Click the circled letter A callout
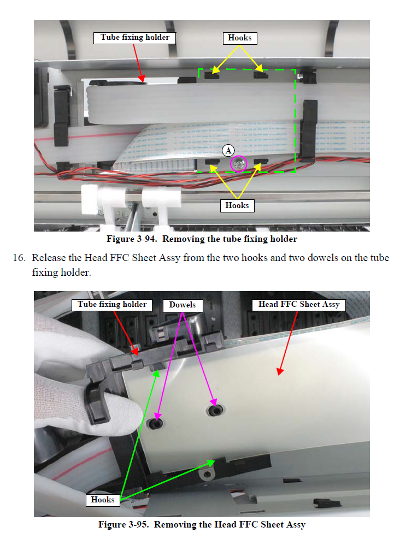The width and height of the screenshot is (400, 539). (228, 150)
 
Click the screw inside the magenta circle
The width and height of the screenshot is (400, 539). (238, 164)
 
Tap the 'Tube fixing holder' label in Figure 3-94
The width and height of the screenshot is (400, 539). (134, 38)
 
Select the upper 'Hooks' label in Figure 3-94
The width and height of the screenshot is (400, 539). (240, 38)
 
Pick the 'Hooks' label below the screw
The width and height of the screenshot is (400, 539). (237, 205)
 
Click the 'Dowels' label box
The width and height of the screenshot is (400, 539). (183, 305)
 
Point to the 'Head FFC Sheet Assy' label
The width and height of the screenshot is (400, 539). (299, 305)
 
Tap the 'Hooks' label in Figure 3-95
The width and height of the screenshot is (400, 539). (103, 500)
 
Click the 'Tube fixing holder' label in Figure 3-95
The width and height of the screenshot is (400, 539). (112, 305)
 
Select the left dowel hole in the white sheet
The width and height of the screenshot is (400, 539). (155, 423)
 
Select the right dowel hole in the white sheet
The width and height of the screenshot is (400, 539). (215, 410)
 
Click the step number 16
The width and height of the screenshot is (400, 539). (19, 258)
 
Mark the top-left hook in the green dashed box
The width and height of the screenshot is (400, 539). (212, 74)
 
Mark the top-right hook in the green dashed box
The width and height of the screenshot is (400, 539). (261, 74)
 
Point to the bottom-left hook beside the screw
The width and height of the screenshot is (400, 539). (212, 162)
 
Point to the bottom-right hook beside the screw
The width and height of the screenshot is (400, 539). (261, 162)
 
